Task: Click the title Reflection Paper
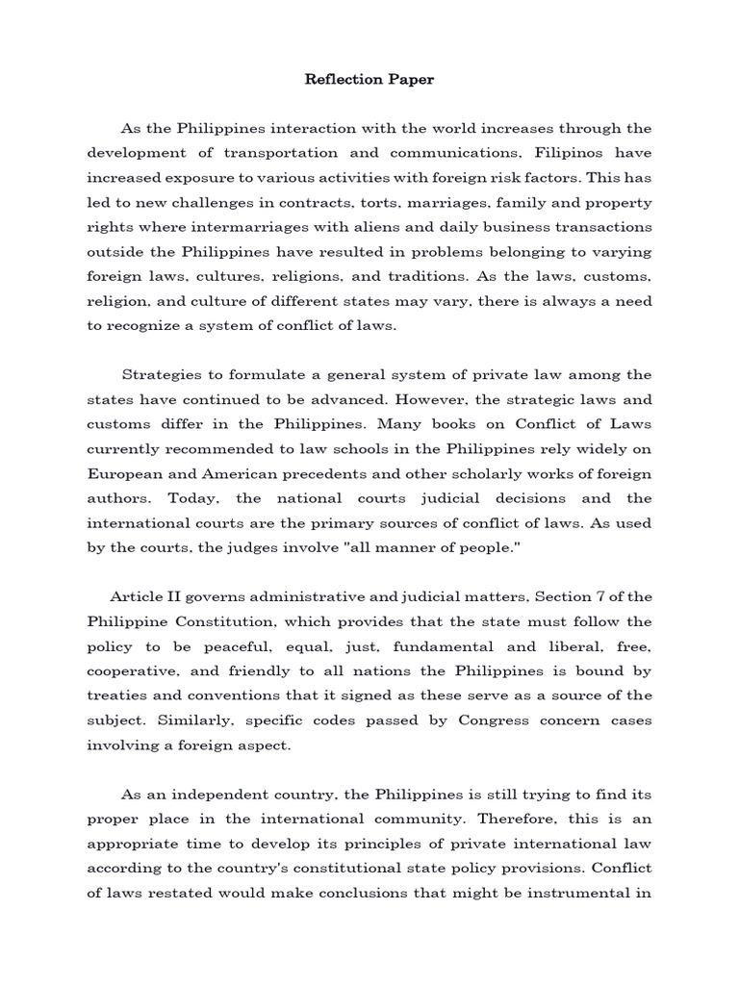tap(369, 80)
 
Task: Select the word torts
tap(373, 204)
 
